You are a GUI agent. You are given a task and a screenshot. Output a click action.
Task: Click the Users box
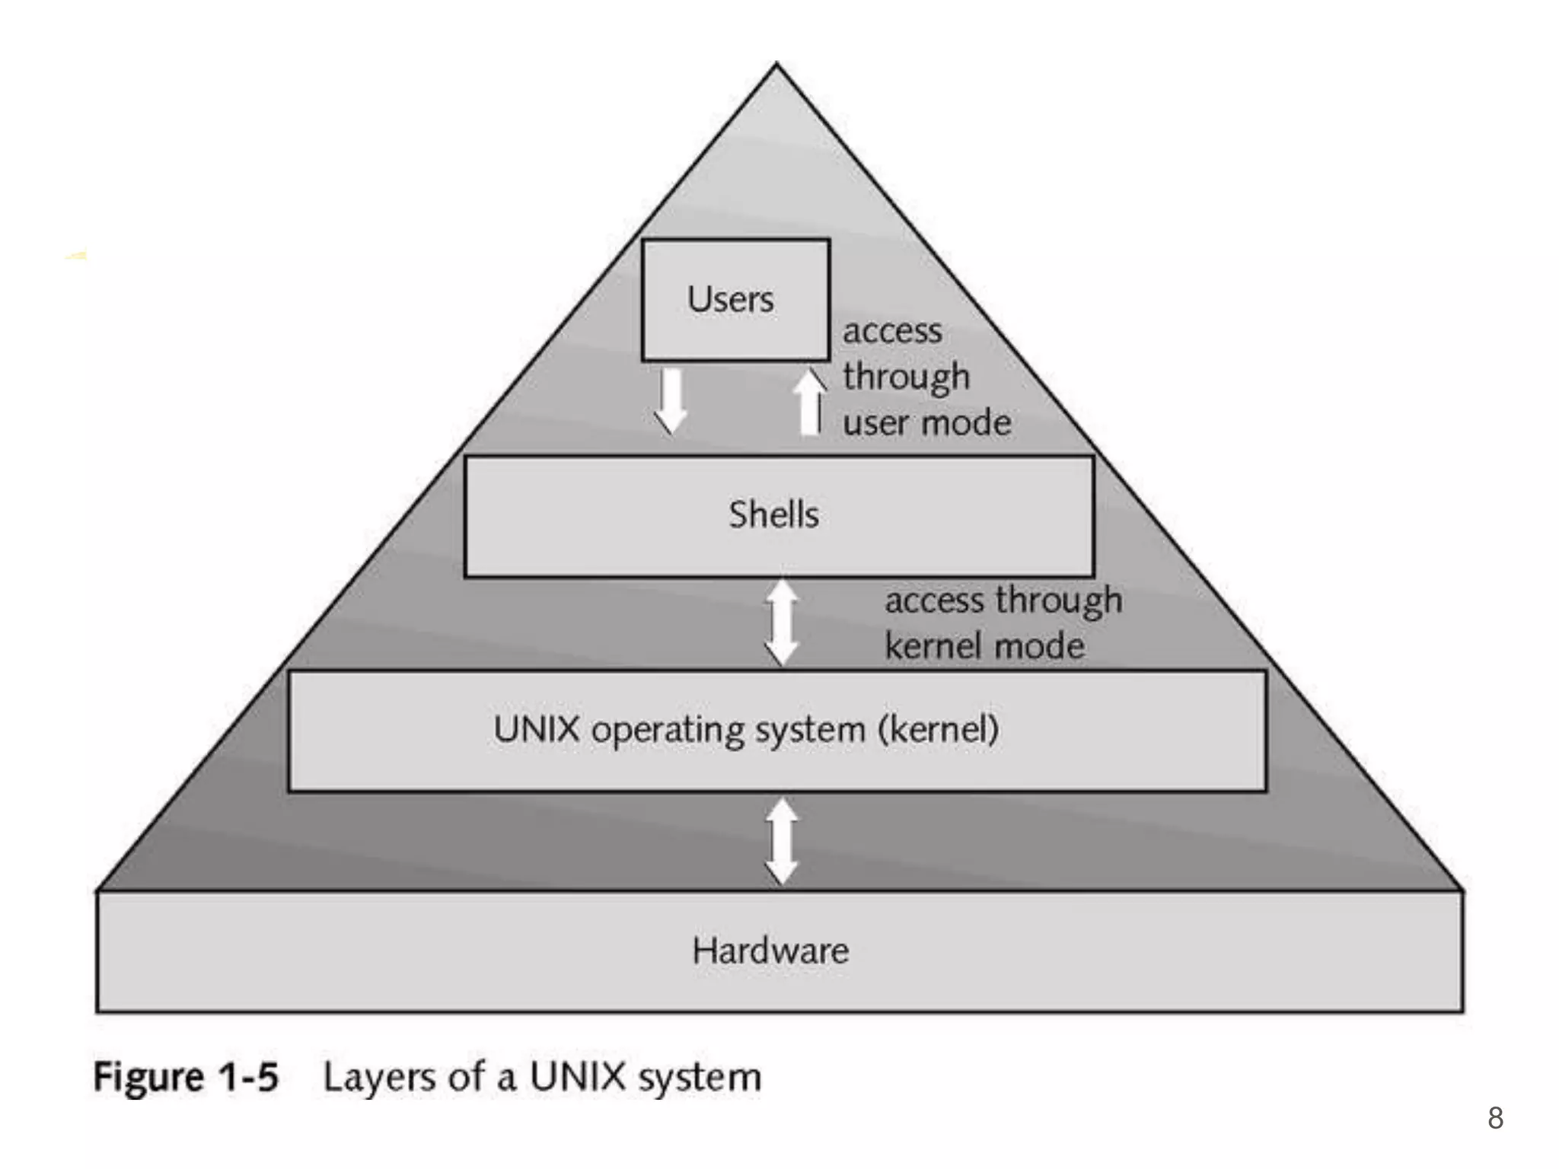pos(735,300)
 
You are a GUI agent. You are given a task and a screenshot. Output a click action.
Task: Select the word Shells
pos(773,515)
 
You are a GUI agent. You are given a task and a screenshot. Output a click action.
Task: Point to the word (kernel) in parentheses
pos(938,730)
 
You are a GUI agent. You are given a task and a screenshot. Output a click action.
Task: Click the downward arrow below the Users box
pos(671,400)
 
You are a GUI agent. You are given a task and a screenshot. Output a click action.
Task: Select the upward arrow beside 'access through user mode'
pos(809,401)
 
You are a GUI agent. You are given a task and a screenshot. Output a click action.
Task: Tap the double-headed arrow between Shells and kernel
pos(782,623)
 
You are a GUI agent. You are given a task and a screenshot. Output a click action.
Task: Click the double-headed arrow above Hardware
pos(782,841)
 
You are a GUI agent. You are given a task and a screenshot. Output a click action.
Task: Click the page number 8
pos(1495,1118)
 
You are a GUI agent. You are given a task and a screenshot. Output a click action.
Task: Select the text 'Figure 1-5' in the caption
pos(186,1078)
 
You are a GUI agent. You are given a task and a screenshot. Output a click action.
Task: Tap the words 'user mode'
pos(927,423)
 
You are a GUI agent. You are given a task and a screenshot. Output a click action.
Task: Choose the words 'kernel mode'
pos(984,647)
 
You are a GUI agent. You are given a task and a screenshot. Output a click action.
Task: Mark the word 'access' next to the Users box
pos(892,332)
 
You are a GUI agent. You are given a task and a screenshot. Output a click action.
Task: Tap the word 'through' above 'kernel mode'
pos(1060,601)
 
